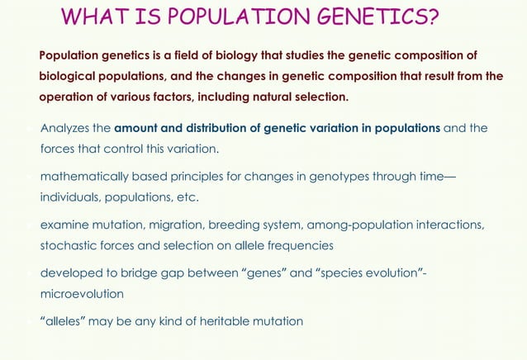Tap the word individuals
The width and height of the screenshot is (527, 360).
[72, 198]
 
